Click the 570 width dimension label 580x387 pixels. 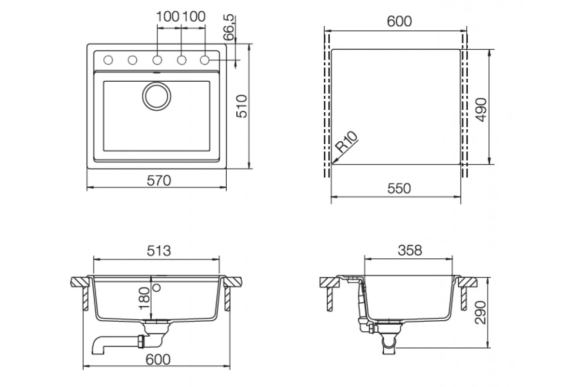point(159,180)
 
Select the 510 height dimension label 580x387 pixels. point(242,106)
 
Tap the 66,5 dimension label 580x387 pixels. point(229,28)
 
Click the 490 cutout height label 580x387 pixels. point(481,110)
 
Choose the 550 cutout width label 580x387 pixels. point(399,189)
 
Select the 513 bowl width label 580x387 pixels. point(159,251)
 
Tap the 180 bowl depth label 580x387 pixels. point(145,298)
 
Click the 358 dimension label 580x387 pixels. point(410,250)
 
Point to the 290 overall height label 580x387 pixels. point(480,313)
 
